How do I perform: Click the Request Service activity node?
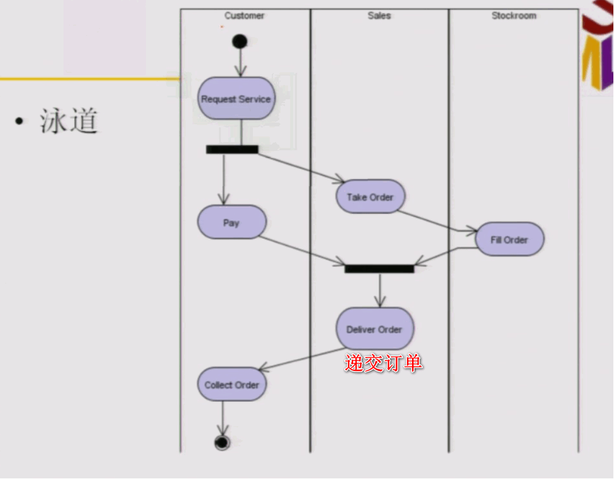coord(236,99)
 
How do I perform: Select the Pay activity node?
coord(232,223)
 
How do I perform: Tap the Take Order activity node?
coord(370,197)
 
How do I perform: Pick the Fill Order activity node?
coord(509,239)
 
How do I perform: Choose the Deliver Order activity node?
coord(374,329)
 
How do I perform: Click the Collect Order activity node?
coord(232,384)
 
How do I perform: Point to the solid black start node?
coord(239,41)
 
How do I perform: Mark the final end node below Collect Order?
coord(221,443)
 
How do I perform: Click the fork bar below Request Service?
coord(232,150)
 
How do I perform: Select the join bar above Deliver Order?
coord(379,269)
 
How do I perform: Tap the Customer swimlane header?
coord(244,16)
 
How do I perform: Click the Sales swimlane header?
coord(379,16)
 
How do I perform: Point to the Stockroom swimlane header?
coord(514,16)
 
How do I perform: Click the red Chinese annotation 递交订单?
coord(383,363)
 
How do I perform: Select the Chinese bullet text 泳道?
coord(69,121)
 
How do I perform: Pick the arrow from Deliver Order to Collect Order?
coord(302,359)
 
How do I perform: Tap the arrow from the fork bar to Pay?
coord(223,179)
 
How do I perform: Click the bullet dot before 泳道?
coord(20,121)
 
